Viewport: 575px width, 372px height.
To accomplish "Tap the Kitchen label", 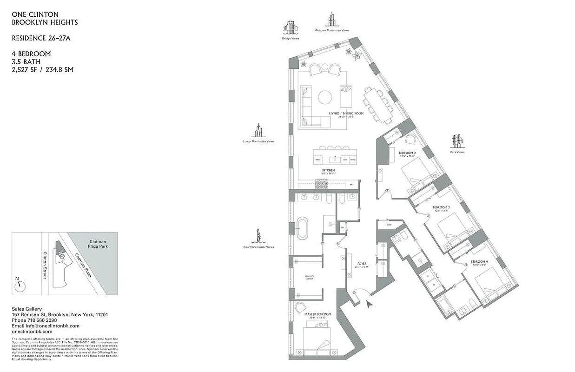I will click(329, 171).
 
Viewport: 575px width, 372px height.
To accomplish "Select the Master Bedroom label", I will click(318, 315).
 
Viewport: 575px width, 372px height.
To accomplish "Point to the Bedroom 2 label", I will click(407, 153).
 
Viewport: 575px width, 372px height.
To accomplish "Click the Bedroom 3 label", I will click(441, 207).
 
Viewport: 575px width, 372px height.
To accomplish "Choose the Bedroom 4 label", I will click(479, 262).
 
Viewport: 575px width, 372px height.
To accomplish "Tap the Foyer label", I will click(361, 264).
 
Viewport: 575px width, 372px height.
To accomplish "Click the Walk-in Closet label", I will click(309, 278).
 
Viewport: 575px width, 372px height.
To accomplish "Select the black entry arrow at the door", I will click(370, 305).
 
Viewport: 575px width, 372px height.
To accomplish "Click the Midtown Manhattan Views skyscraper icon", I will click(332, 20).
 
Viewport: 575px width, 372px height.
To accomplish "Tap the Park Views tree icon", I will click(457, 141).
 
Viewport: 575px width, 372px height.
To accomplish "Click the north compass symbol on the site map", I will click(19, 286).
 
